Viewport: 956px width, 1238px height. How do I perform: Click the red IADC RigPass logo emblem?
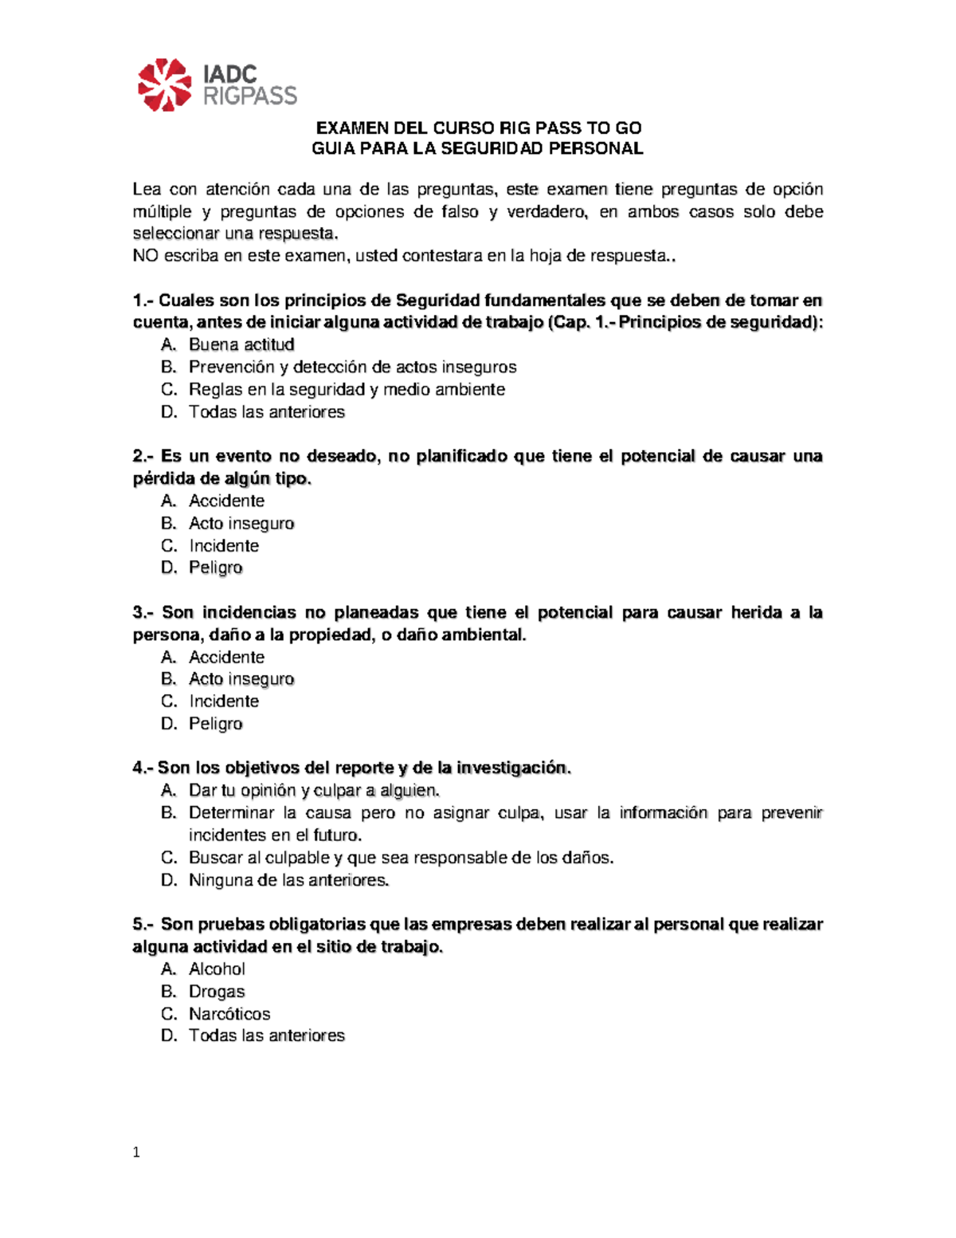click(x=164, y=84)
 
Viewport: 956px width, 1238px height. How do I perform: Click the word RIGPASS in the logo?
click(x=250, y=96)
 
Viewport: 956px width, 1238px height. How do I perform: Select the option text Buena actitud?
click(x=241, y=344)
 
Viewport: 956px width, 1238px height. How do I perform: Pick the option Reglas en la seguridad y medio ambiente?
click(x=347, y=389)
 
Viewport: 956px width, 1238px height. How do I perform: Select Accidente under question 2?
click(x=226, y=501)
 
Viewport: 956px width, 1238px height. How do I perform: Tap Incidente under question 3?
click(x=224, y=701)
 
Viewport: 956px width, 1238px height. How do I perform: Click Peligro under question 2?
click(x=215, y=568)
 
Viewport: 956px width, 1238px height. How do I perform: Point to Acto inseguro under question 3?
click(x=241, y=678)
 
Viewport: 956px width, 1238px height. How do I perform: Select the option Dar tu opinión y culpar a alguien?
click(x=314, y=790)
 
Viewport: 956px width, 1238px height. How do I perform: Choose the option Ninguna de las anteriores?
click(x=288, y=880)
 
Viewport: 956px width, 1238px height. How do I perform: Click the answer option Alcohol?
click(x=217, y=969)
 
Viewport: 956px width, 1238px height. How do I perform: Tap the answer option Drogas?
click(x=217, y=991)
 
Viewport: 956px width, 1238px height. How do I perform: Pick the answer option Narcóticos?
click(x=229, y=1013)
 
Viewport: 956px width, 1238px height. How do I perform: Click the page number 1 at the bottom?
click(x=137, y=1152)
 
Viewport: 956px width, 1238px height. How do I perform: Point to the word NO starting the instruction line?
click(x=145, y=256)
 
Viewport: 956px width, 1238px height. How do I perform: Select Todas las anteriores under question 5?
click(x=266, y=1036)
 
